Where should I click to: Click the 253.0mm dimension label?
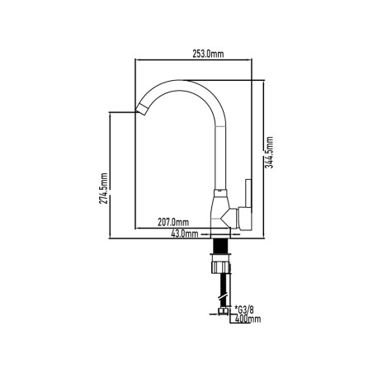pos(208,54)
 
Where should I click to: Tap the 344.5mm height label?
pos(270,152)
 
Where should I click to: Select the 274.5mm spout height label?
pos(104,188)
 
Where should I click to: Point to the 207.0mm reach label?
pos(173,222)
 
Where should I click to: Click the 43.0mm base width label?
pos(185,234)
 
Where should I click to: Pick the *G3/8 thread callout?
pos(243,309)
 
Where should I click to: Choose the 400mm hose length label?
pos(248,319)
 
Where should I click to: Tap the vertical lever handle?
pos(248,193)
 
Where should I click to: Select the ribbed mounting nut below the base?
pos(220,267)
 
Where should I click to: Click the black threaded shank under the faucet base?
pos(220,246)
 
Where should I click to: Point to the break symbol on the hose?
pos(223,298)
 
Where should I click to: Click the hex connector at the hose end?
pos(223,311)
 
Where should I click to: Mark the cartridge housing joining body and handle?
pos(234,219)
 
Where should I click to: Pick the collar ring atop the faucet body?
pos(220,193)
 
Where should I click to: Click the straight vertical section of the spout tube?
pos(220,158)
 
